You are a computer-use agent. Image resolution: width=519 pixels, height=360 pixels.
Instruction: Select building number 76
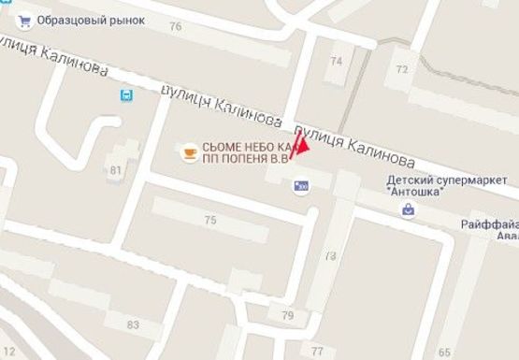click(x=175, y=26)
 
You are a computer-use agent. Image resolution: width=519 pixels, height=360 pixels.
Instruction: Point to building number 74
click(x=337, y=61)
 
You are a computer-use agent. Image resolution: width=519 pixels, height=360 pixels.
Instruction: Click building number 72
click(x=402, y=69)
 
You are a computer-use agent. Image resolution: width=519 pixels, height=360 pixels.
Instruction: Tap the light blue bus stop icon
click(x=126, y=94)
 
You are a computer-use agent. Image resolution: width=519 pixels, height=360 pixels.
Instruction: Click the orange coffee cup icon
click(x=188, y=151)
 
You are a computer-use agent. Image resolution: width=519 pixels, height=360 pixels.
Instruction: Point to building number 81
click(x=116, y=169)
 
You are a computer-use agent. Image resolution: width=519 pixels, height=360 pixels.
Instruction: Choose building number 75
click(x=210, y=220)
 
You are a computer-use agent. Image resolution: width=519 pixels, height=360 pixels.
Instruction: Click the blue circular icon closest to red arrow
click(x=301, y=187)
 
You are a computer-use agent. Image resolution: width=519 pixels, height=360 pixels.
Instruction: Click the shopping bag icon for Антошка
click(x=408, y=210)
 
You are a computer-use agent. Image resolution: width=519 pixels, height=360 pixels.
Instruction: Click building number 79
click(x=287, y=314)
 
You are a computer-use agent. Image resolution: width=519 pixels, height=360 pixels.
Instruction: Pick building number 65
click(x=442, y=352)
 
